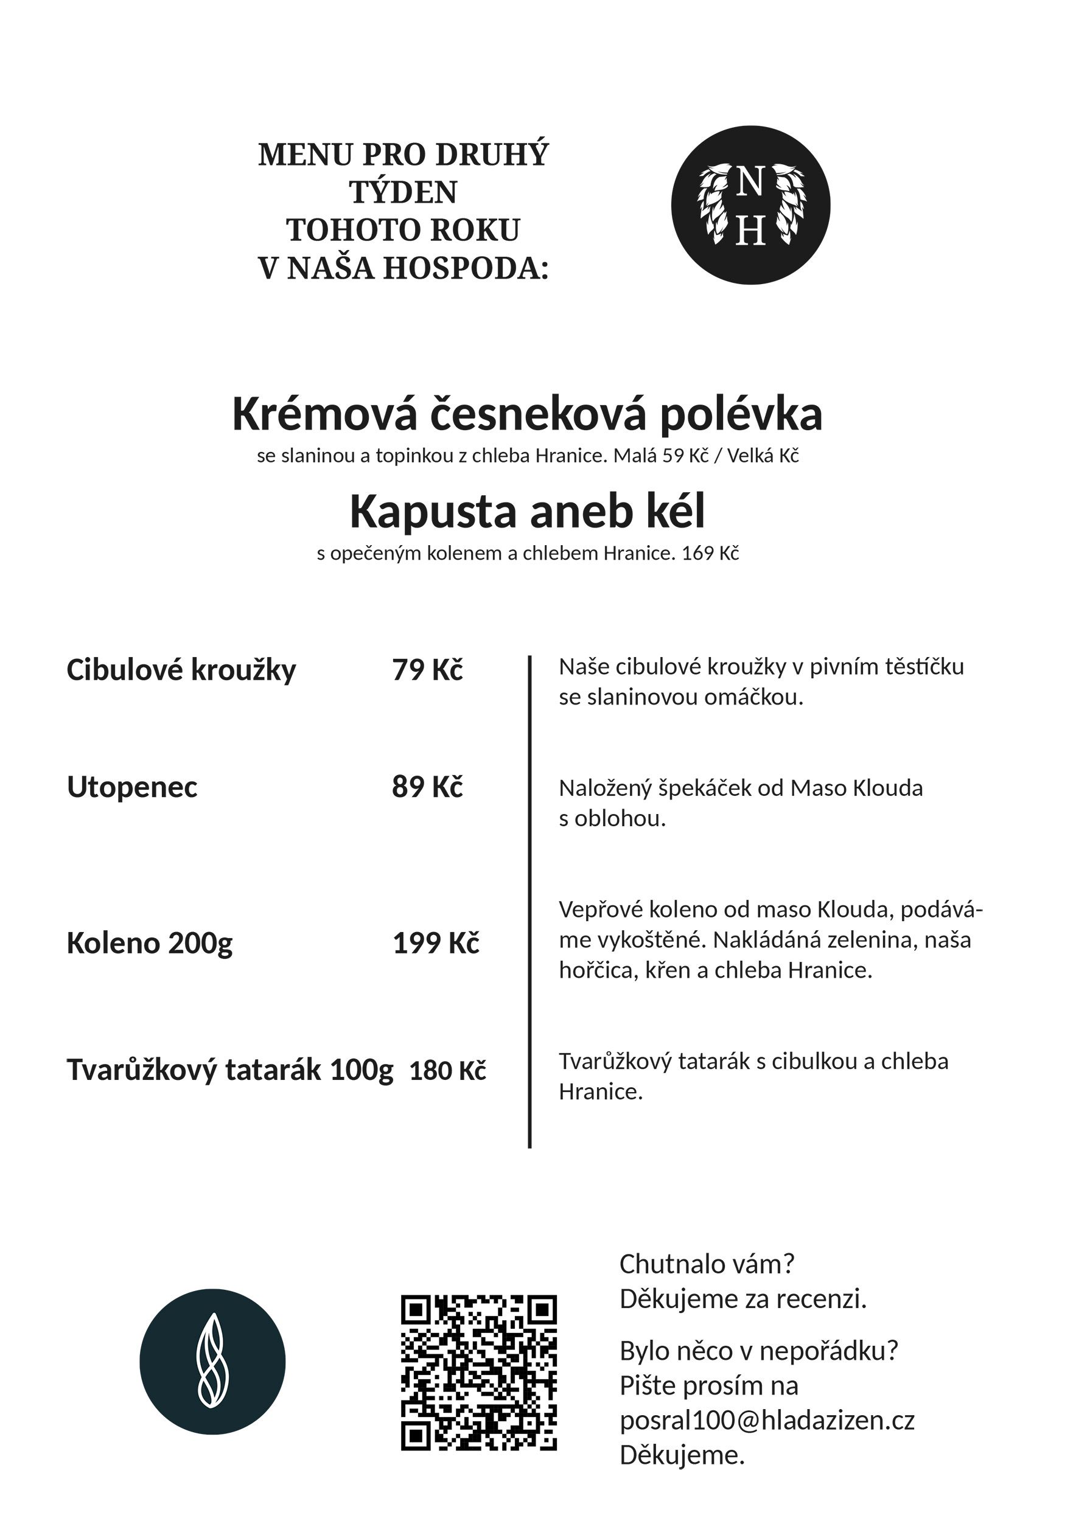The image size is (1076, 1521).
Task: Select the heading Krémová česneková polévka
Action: [528, 414]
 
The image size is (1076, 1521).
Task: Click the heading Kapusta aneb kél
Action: [528, 512]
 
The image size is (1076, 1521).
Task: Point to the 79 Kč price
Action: [427, 670]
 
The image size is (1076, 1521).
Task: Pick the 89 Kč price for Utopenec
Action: [427, 787]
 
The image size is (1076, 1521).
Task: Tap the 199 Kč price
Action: [436, 942]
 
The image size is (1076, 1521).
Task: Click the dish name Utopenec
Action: [132, 787]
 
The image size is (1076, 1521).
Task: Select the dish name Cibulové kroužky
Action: [181, 670]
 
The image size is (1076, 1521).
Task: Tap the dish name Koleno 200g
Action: [150, 942]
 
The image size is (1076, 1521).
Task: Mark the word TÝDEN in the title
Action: [403, 193]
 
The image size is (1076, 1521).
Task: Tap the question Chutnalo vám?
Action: [707, 1264]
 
